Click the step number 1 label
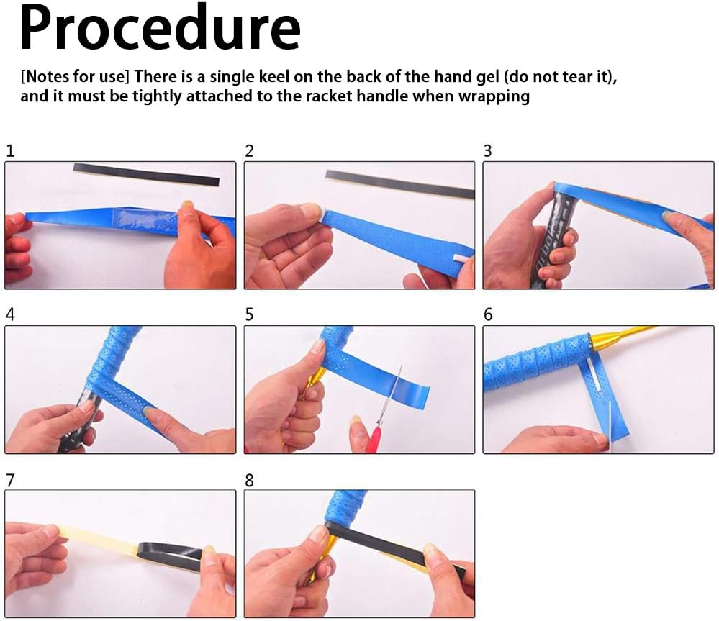tap(10, 151)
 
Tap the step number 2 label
tap(249, 151)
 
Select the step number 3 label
tap(487, 151)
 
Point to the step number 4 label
tap(10, 314)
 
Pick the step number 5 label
tap(249, 314)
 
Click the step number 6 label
tap(488, 314)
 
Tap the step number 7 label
tap(10, 480)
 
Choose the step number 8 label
tap(249, 480)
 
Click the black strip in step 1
tap(146, 174)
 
